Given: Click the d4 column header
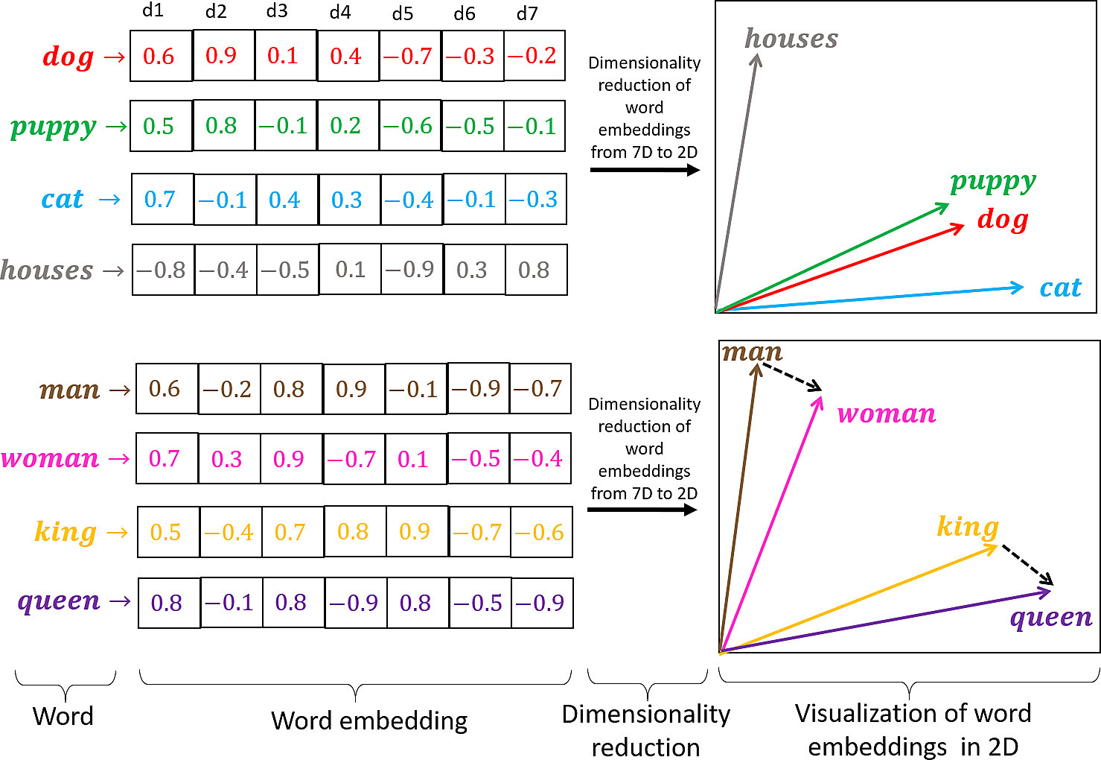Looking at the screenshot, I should pos(340,12).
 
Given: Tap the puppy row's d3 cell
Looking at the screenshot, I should pos(286,126).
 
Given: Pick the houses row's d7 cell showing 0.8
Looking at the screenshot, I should pos(535,270).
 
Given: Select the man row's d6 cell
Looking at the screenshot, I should pos(478,388).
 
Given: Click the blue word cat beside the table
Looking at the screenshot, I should pos(63,199).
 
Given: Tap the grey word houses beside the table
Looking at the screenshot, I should pos(47,270).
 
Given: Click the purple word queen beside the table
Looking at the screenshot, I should pos(59,601).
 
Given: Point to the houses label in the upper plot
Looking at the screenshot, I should pos(791,39).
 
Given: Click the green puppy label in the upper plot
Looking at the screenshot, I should pos(993,181).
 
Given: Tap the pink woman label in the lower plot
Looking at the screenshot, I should pos(886,414).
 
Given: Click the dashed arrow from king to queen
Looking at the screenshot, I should pos(1027,565).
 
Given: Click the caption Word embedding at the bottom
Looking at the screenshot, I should pos(369,721).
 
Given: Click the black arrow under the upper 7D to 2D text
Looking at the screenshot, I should pos(645,170).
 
